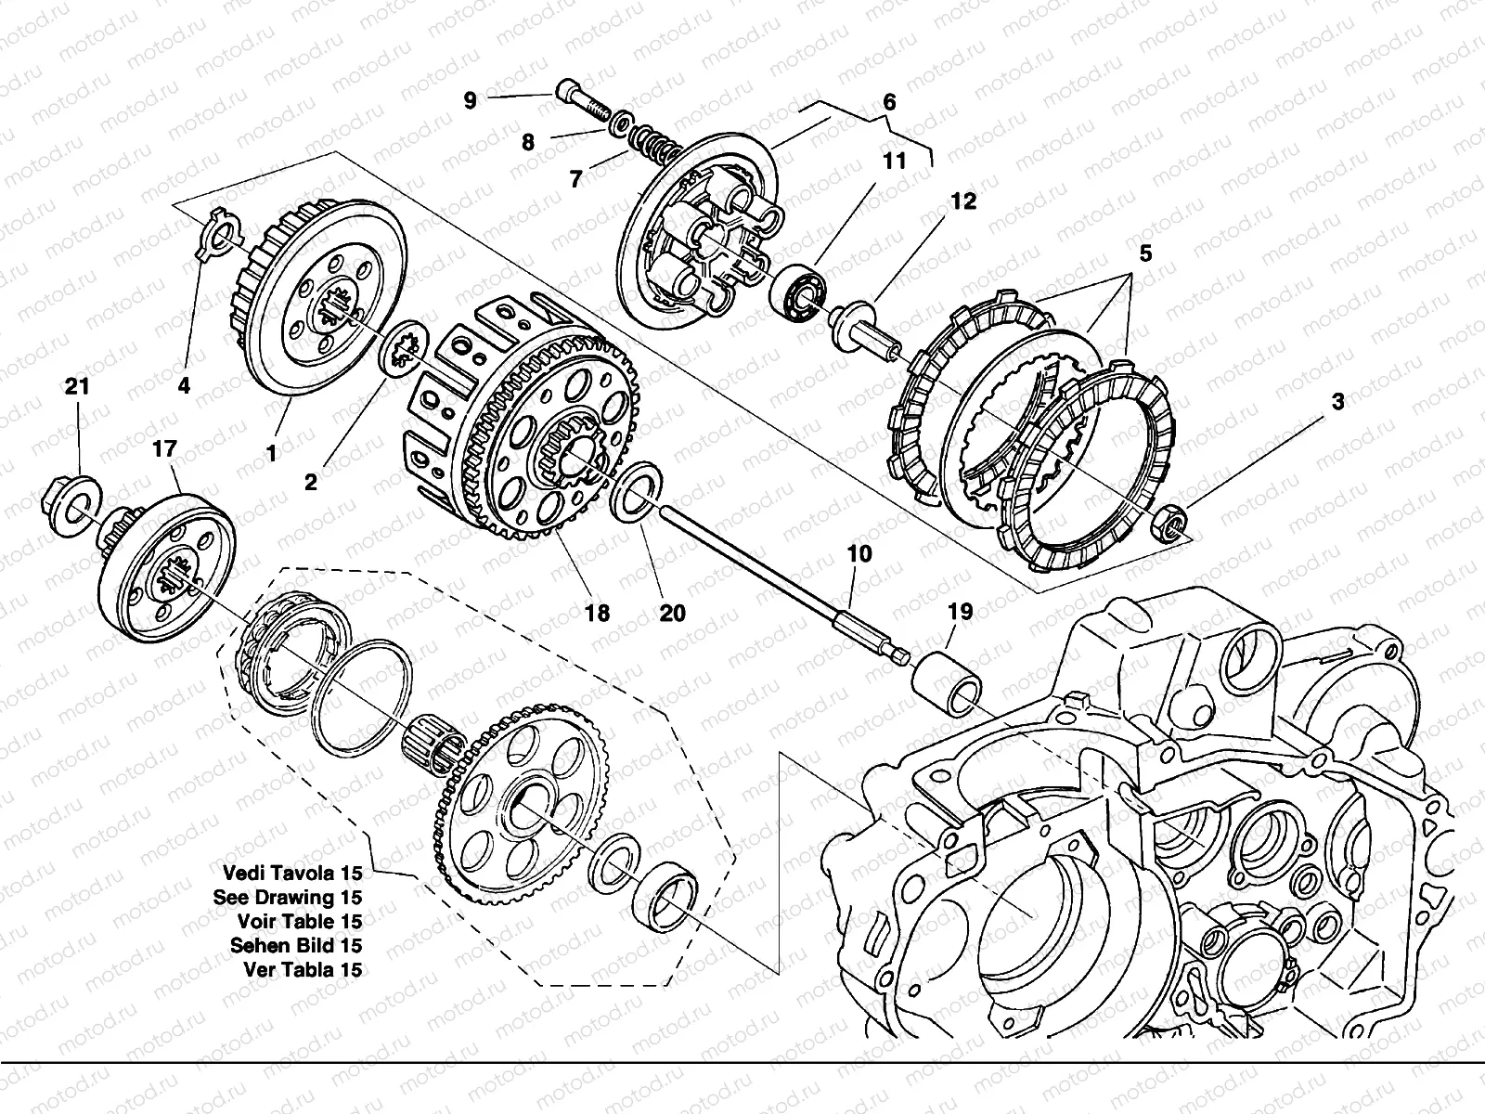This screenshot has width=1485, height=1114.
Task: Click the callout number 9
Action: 470,100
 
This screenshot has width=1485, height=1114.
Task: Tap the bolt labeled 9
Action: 583,101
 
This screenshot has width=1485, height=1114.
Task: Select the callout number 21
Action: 77,387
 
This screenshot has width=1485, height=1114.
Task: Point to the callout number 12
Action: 962,201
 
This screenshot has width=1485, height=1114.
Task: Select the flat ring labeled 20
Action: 636,492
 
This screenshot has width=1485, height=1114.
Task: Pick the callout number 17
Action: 164,448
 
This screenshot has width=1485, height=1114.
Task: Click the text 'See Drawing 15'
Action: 288,898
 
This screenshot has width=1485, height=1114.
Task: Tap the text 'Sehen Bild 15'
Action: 296,946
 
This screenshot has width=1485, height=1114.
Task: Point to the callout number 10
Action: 859,554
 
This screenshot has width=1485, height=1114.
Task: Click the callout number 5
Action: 1144,253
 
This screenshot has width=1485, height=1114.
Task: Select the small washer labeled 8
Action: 623,123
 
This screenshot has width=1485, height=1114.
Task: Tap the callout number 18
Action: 597,613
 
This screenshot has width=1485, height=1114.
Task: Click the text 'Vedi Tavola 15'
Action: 292,874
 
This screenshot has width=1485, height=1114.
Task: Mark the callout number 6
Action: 889,102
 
